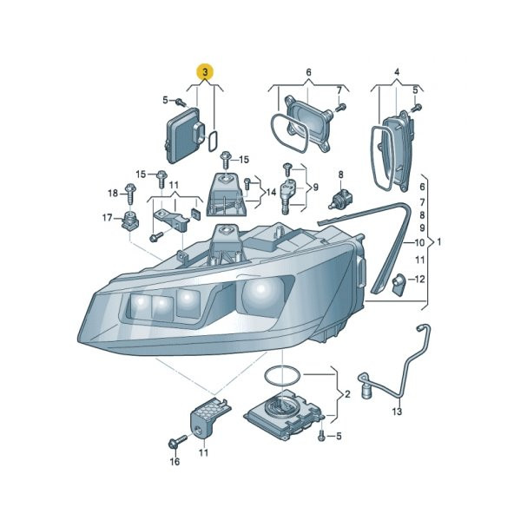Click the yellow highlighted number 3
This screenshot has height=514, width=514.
coord(205,72)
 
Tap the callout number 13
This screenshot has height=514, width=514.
coord(397,411)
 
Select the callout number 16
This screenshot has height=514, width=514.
coord(175,462)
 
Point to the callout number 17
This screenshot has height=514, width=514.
coord(107,218)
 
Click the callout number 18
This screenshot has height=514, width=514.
coord(113,193)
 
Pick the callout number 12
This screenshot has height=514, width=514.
coord(419,280)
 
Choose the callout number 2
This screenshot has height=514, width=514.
coord(347,394)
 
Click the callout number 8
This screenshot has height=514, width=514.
coord(340,175)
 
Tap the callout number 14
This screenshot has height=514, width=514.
coord(271,192)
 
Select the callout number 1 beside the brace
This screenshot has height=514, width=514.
coord(439,242)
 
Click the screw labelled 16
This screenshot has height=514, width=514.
coord(177,441)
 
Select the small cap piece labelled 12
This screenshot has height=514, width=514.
coord(399,284)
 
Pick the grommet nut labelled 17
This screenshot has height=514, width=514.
coord(130,221)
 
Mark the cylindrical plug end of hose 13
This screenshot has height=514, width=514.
coord(366,392)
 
